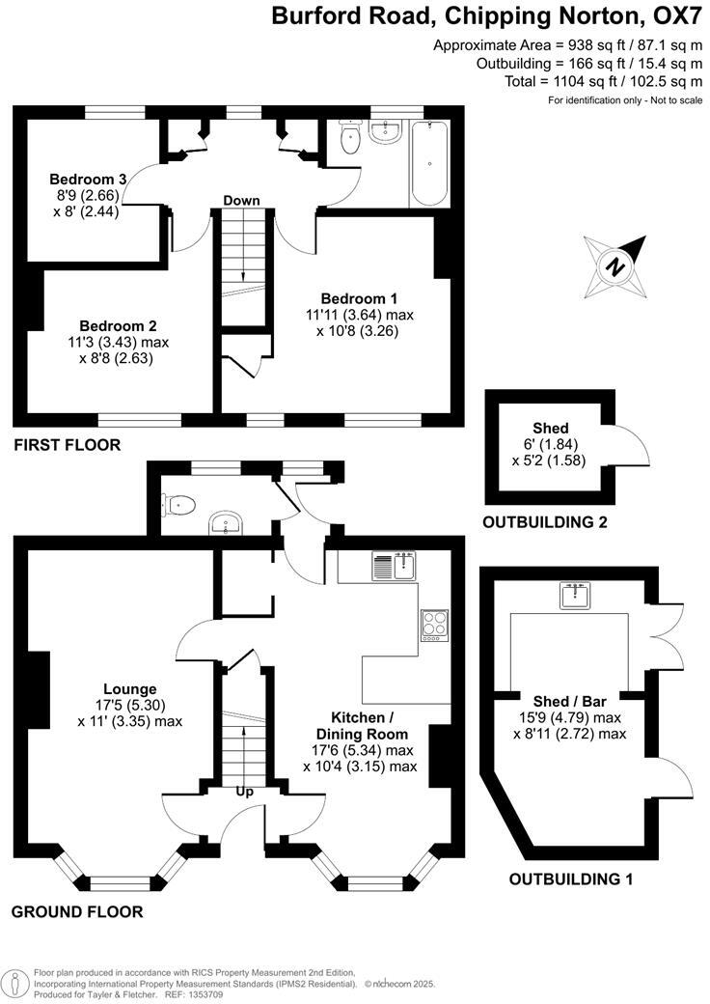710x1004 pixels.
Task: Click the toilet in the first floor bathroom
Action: click(x=350, y=141)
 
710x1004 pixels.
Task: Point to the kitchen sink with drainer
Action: click(x=393, y=565)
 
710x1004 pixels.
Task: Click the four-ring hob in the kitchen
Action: click(x=434, y=626)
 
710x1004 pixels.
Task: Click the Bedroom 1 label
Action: click(x=359, y=298)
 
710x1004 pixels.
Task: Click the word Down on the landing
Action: click(x=241, y=201)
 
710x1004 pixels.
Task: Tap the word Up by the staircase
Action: click(x=245, y=792)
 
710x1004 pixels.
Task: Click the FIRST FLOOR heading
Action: click(x=67, y=445)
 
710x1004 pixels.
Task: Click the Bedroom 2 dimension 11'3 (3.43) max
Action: click(x=119, y=342)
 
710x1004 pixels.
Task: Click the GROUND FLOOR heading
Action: click(x=77, y=911)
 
